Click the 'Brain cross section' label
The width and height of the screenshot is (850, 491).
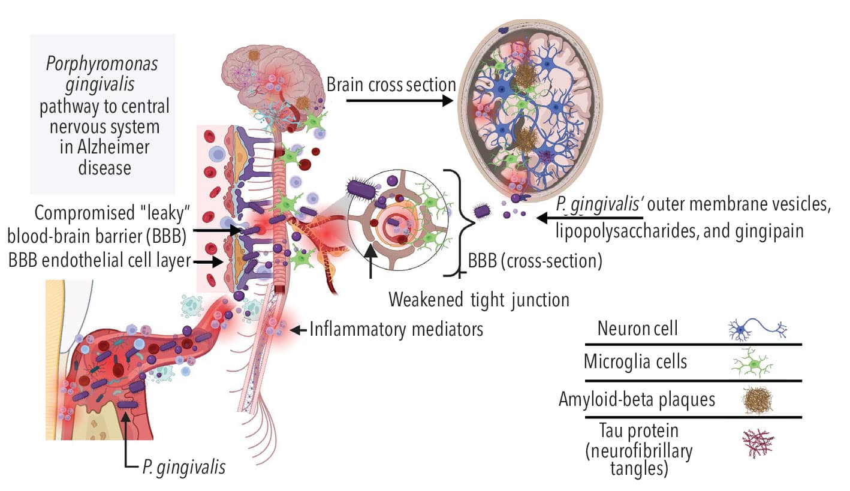point(391,85)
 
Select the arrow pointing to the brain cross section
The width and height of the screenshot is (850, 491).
point(399,101)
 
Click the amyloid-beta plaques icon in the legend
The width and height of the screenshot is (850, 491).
point(757,399)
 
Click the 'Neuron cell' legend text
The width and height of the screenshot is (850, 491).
point(637,328)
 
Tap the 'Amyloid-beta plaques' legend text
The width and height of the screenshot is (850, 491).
point(637,399)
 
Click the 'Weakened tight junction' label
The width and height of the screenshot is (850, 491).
point(479,299)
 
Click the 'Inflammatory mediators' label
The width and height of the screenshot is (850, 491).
point(396,329)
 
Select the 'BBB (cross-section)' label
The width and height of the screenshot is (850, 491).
point(535,263)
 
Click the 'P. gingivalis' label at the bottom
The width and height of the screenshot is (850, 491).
point(184,466)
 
